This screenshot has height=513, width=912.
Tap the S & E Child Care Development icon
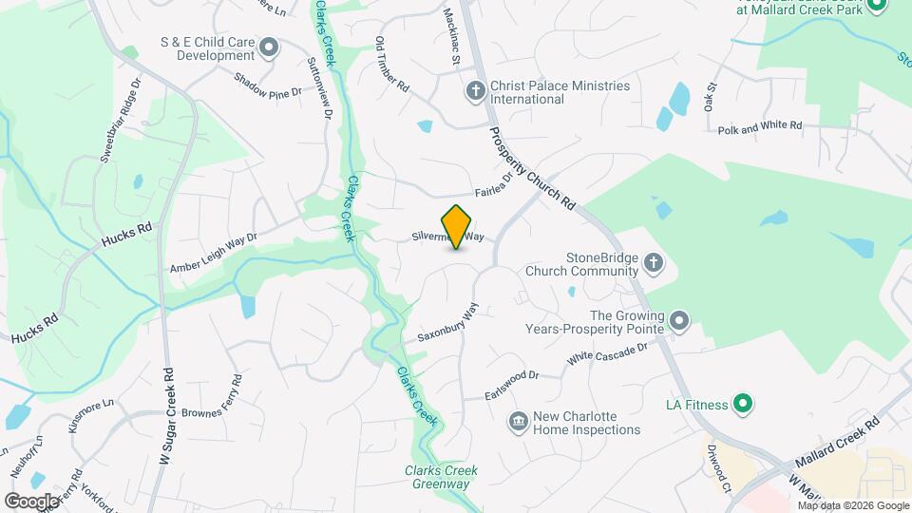269,47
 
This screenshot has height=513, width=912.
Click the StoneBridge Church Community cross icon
653,263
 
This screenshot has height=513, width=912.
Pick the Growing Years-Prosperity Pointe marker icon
678,321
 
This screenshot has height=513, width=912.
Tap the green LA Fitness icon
745,405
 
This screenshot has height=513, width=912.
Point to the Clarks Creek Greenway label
441,477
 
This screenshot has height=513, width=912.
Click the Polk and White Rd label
760,126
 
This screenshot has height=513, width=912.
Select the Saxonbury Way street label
447,324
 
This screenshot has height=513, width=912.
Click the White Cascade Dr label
607,354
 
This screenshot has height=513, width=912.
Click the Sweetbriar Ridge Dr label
119,118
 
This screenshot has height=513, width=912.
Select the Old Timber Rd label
392,65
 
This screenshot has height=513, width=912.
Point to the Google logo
31,501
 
